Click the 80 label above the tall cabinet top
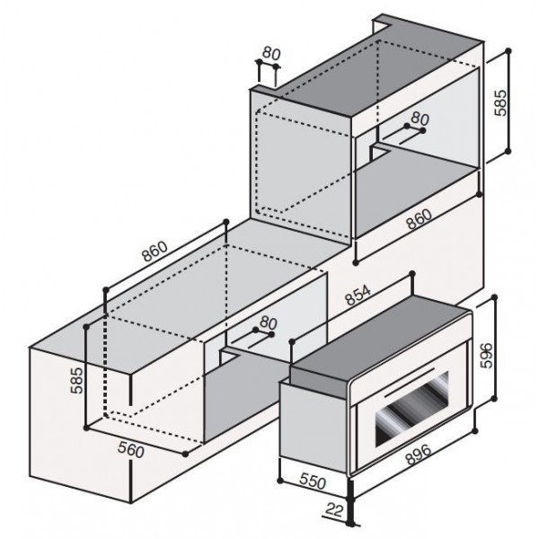(x=271, y=53)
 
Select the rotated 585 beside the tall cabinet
(x=499, y=102)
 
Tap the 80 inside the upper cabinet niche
(x=420, y=119)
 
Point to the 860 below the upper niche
(x=419, y=218)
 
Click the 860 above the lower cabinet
(x=155, y=252)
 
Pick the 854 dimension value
(x=358, y=296)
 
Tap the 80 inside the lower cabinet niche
(x=269, y=323)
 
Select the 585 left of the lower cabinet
(x=76, y=380)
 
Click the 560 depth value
(x=131, y=450)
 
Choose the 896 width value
(x=418, y=454)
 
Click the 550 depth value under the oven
(x=313, y=482)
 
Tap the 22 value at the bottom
(x=335, y=510)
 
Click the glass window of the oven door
(x=412, y=409)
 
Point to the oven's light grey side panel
(x=314, y=426)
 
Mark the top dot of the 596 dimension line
(x=495, y=297)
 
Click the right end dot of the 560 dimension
(x=186, y=454)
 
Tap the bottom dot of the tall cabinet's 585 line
(x=508, y=151)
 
